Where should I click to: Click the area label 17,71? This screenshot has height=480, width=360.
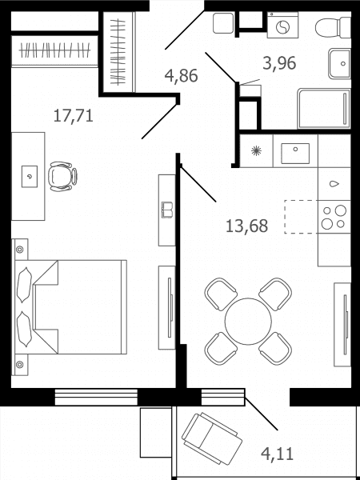[x=74, y=116]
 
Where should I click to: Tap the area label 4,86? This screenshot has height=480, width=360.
[x=182, y=76]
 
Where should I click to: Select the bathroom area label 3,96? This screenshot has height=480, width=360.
[x=279, y=63]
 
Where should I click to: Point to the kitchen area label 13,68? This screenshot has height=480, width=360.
[x=246, y=226]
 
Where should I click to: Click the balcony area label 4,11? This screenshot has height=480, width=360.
[x=278, y=454]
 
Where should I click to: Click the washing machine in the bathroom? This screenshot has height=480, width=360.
[x=282, y=25]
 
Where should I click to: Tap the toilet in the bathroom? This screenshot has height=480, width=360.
[x=333, y=27]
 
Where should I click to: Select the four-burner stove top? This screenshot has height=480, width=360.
[x=334, y=217]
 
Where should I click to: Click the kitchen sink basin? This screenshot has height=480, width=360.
[x=295, y=154]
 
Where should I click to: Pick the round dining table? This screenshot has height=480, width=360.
[x=248, y=322]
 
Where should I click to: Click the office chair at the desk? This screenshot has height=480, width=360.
[x=62, y=176]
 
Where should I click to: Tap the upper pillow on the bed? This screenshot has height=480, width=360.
[x=24, y=286]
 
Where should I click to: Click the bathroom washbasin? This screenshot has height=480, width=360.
[x=339, y=64]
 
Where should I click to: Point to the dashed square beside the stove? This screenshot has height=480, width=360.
[x=302, y=217]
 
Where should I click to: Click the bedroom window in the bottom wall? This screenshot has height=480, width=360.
[x=96, y=397]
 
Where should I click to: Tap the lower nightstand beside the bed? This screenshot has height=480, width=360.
[x=20, y=365]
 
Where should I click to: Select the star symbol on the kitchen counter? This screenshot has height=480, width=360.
[x=255, y=150]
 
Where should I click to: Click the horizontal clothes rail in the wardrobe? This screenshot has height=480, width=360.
[x=54, y=50]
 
